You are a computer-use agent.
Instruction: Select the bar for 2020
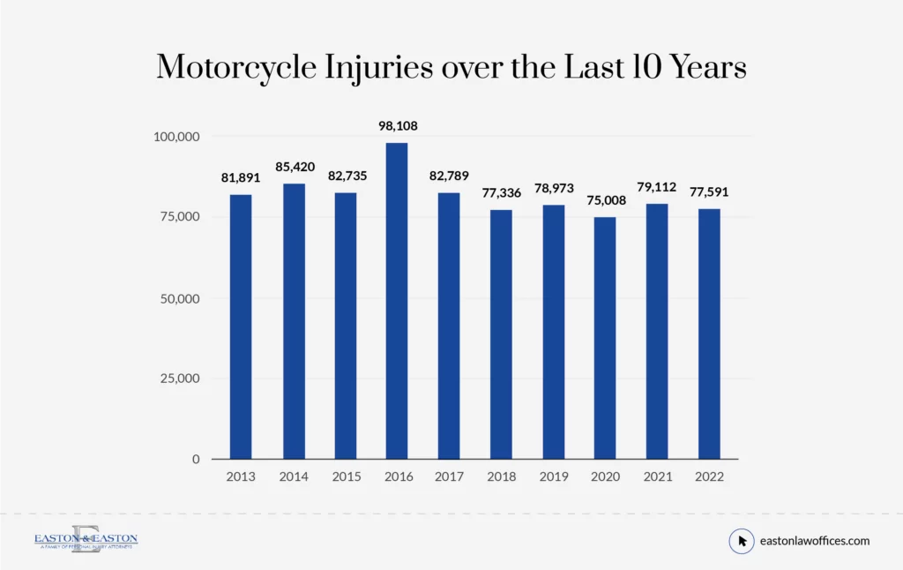tap(604, 338)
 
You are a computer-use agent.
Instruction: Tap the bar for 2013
tap(241, 326)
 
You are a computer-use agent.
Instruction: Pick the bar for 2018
tap(501, 334)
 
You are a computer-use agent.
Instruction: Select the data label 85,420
tap(293, 167)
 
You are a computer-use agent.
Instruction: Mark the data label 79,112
tap(657, 187)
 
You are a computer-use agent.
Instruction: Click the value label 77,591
tap(709, 191)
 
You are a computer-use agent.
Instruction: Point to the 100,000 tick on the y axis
tap(176, 137)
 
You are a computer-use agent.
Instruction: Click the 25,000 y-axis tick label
tap(180, 379)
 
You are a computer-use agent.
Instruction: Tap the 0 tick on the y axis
tap(196, 460)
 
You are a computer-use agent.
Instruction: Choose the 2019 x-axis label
tap(553, 477)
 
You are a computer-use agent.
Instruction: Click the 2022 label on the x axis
tap(709, 477)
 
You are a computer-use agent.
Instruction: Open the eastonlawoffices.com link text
tap(815, 541)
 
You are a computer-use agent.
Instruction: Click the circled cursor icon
tap(742, 541)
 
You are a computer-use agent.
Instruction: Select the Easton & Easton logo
tap(86, 540)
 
